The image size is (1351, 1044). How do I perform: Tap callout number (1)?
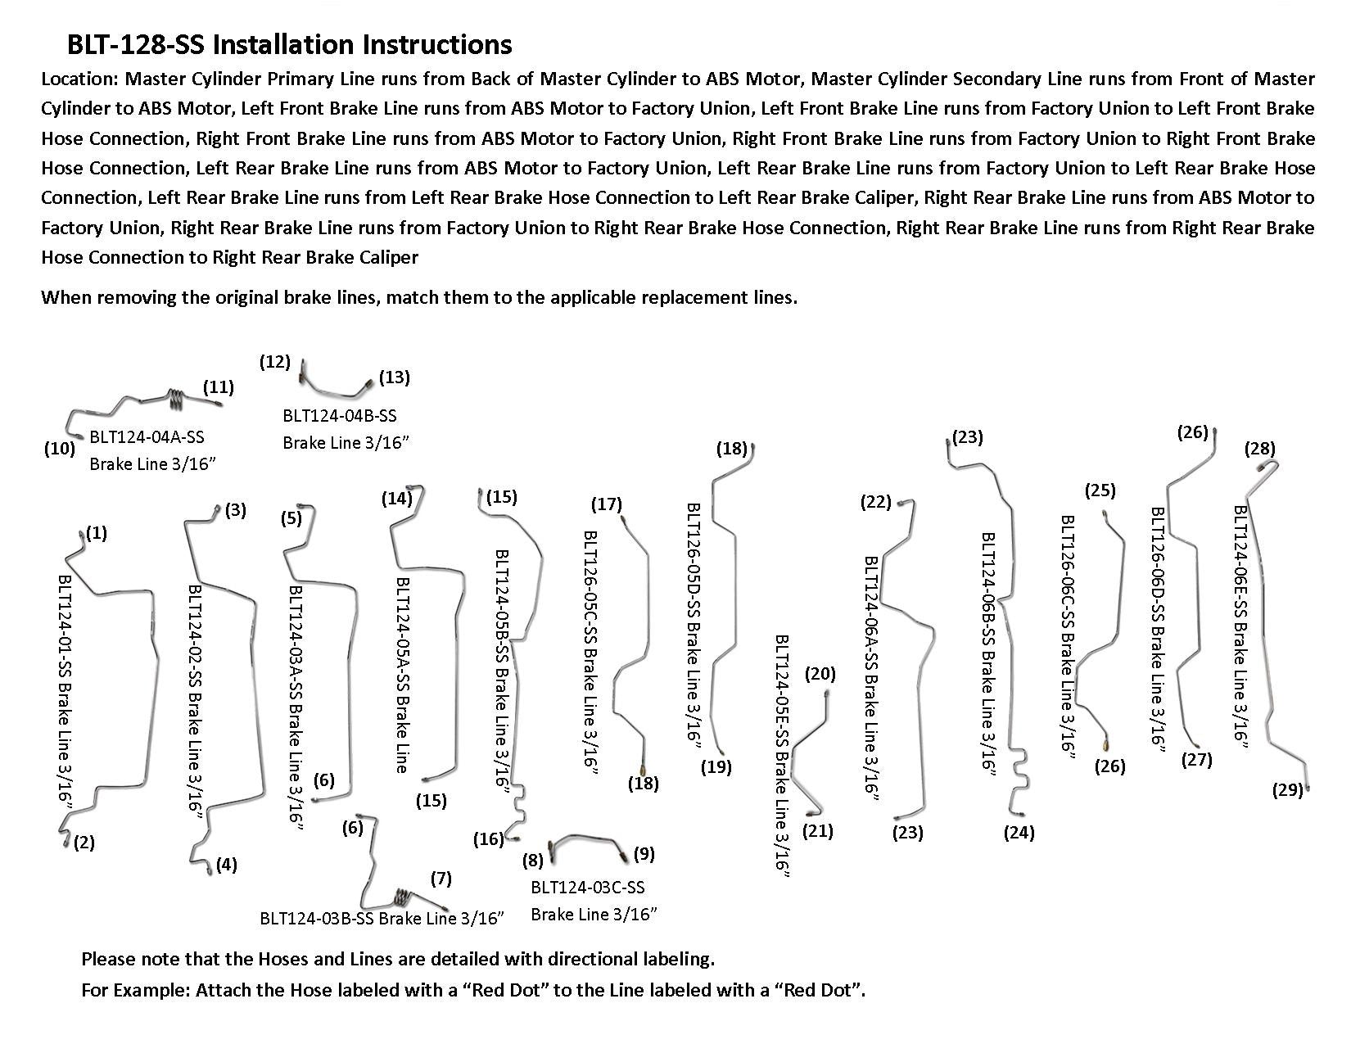click(96, 533)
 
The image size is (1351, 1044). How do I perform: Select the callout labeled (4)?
click(226, 864)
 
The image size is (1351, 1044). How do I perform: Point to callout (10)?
click(60, 448)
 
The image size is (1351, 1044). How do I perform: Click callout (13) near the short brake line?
click(395, 377)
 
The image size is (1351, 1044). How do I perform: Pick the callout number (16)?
click(488, 838)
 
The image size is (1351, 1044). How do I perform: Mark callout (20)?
click(820, 674)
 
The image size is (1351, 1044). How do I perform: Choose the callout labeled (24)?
click(1019, 833)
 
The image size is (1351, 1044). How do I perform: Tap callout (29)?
click(1287, 790)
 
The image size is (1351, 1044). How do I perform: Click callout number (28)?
click(1259, 448)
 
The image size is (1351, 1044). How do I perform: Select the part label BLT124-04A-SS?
click(147, 438)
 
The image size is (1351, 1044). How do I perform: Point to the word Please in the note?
click(108, 958)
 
